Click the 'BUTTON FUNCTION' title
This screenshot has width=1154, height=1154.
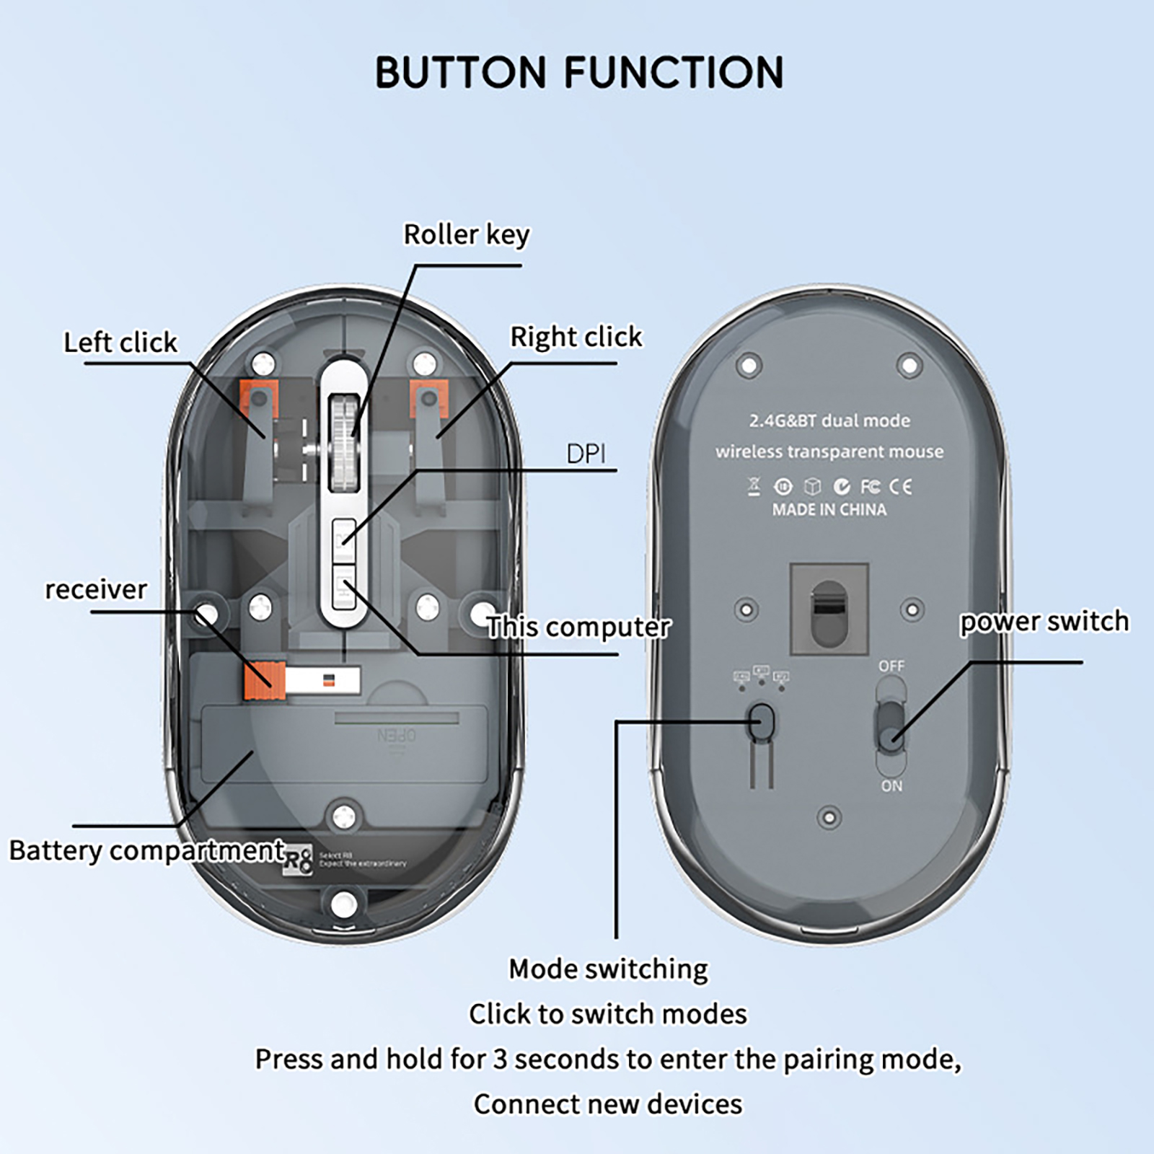coord(579,72)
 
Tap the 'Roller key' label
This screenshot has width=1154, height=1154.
coord(466,234)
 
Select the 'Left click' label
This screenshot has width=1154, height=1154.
coord(120,342)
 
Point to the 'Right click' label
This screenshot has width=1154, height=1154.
coord(576,336)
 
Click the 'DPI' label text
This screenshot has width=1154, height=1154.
coord(586,454)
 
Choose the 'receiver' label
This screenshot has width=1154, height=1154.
coord(96,589)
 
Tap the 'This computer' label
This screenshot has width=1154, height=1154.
coord(578,627)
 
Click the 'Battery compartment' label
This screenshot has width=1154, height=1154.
coord(147,850)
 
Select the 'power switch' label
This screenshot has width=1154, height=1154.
coord(1044,621)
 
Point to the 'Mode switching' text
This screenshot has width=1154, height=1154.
coord(608,969)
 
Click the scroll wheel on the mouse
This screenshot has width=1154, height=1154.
coord(344,442)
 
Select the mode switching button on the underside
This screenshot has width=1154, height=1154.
coord(762,721)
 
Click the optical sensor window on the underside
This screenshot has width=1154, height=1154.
coord(829,609)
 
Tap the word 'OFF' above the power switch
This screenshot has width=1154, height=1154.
coord(891,666)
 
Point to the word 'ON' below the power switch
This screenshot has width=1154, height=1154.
coord(891,785)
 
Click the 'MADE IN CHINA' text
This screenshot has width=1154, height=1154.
coord(829,509)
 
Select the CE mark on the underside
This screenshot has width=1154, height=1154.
coord(900,487)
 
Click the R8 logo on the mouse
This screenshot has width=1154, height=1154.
coord(299,860)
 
